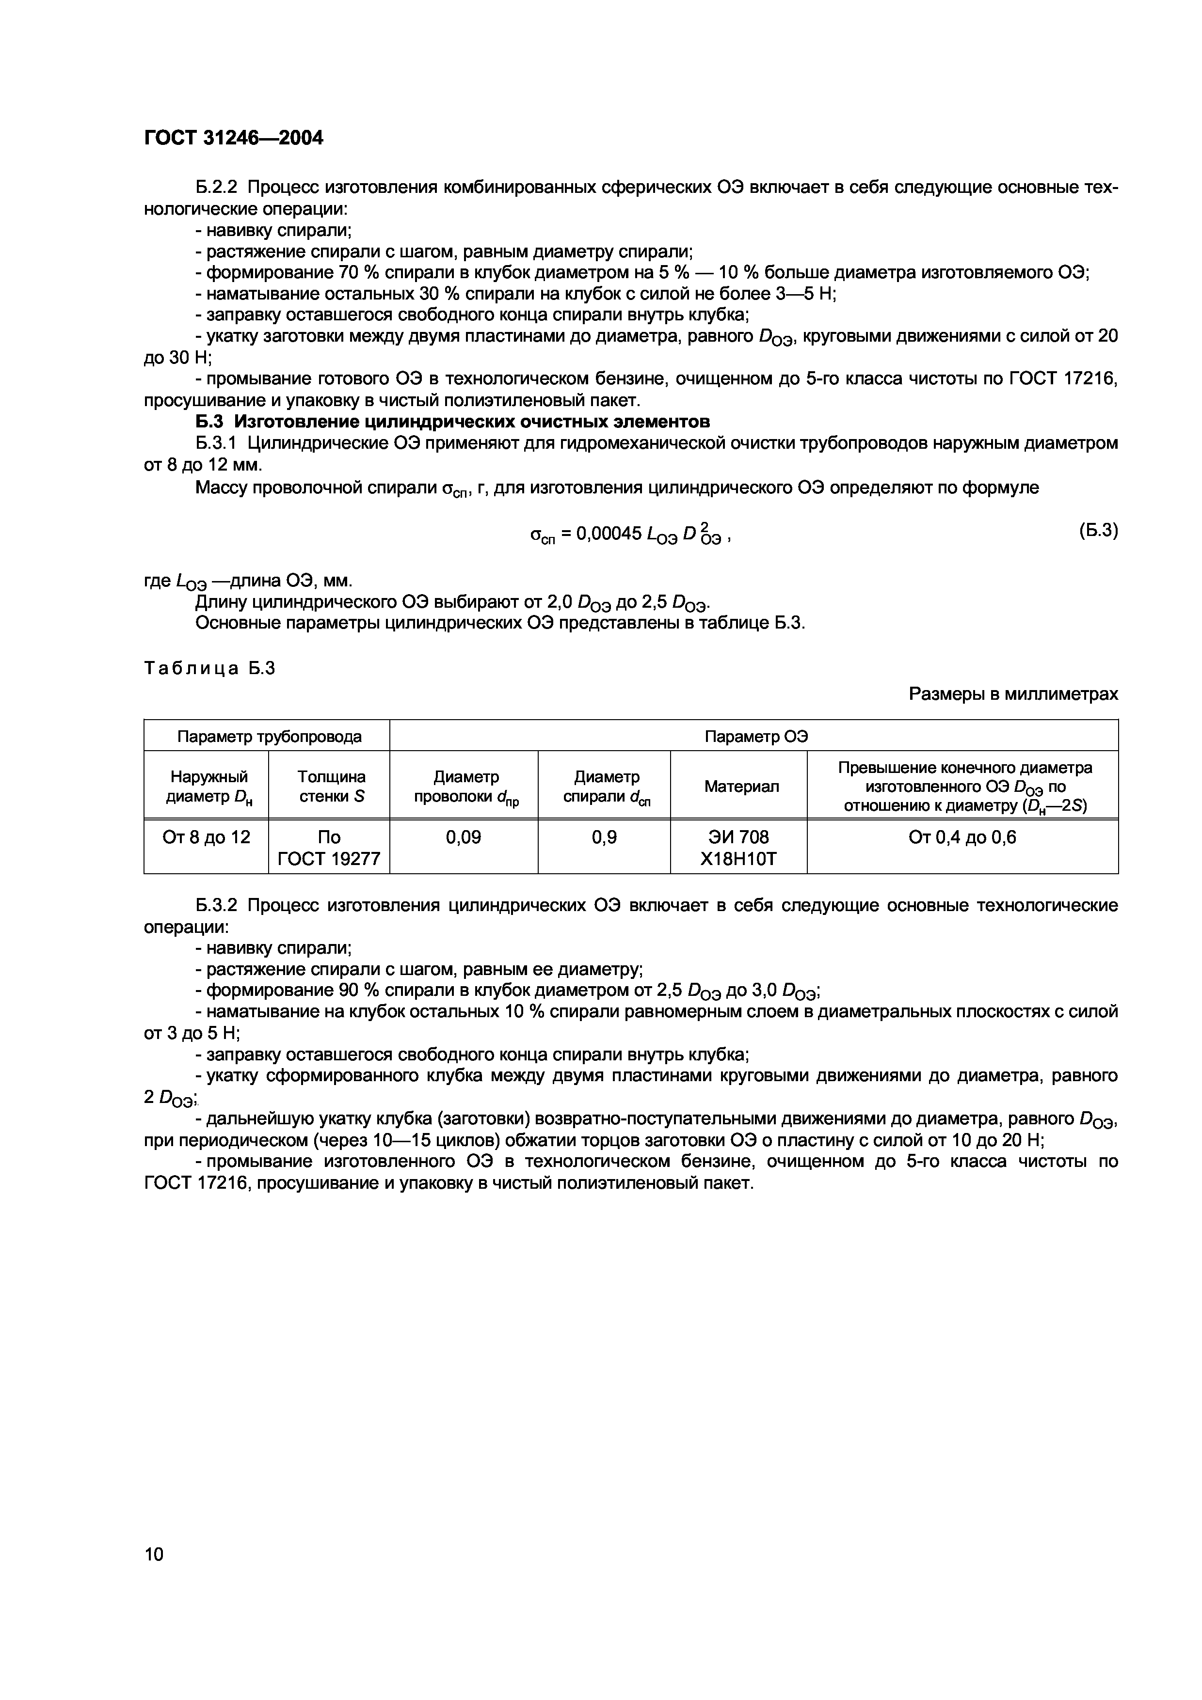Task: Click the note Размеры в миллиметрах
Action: point(1013,694)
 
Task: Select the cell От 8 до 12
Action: point(207,837)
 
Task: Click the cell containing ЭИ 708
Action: point(738,837)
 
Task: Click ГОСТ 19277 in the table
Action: point(329,858)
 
